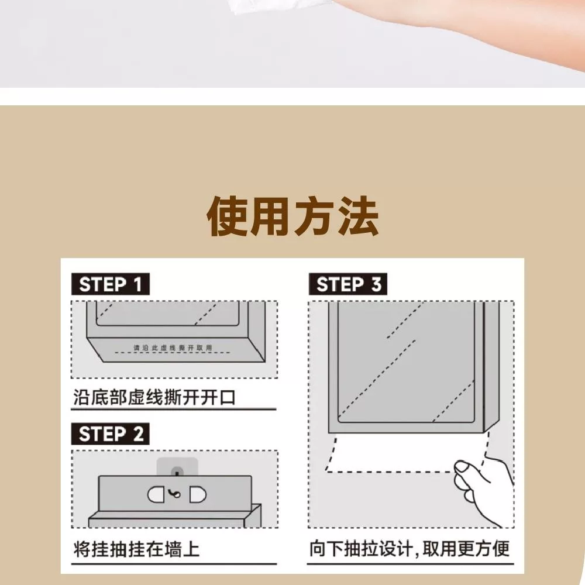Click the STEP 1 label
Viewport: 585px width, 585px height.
click(x=111, y=284)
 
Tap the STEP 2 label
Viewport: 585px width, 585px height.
click(x=111, y=434)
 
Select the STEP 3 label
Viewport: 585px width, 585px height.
click(x=348, y=284)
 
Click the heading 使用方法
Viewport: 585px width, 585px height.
click(x=293, y=216)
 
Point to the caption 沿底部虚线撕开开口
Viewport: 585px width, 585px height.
click(x=154, y=397)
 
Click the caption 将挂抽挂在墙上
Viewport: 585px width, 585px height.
click(x=136, y=549)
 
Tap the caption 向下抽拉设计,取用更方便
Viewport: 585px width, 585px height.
click(x=409, y=549)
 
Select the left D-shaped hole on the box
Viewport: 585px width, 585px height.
click(x=156, y=495)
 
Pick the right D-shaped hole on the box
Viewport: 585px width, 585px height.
click(x=198, y=495)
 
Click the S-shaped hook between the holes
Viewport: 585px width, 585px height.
click(x=174, y=494)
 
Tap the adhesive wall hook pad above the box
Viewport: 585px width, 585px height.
click(x=177, y=467)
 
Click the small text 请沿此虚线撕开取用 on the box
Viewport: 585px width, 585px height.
click(x=173, y=347)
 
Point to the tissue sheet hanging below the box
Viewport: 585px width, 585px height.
click(x=407, y=452)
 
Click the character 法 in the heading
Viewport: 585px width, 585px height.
click(x=359, y=216)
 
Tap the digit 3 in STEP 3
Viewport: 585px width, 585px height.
click(x=376, y=284)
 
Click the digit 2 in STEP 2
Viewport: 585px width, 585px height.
click(x=139, y=434)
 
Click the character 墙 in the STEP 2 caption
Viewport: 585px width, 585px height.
click(x=173, y=549)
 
